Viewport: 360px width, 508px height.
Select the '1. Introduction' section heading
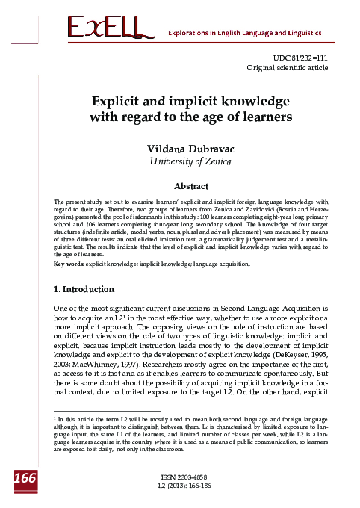click(84, 267)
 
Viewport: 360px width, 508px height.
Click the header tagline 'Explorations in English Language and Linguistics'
click(244, 34)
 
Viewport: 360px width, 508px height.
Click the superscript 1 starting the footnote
click(57, 420)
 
